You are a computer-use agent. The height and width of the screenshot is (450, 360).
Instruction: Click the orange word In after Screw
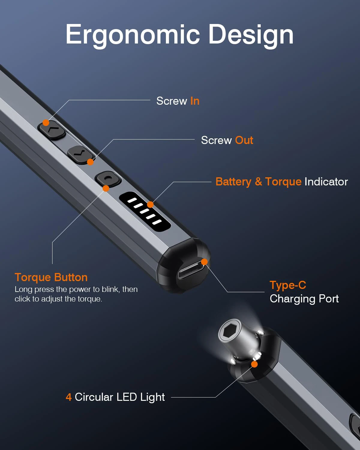195,101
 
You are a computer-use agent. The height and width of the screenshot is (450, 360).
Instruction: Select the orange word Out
244,140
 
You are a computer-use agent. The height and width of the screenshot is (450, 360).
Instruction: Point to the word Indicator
326,182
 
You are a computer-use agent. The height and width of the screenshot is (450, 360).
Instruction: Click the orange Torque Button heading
51,277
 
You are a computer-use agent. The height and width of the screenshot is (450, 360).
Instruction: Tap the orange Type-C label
288,285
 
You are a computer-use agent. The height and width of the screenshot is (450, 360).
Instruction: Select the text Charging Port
304,299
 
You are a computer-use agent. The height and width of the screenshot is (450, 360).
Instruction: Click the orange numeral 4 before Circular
68,397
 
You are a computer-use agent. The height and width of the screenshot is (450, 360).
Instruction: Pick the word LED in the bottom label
127,397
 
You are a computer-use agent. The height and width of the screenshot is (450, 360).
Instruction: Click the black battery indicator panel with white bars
145,211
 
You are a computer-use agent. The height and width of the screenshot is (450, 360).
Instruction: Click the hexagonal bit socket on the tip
230,332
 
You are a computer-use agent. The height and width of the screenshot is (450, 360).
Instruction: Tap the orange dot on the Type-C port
204,262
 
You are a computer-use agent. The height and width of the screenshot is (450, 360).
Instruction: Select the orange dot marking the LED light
254,364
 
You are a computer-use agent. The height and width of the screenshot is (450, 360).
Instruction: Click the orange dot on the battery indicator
150,205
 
